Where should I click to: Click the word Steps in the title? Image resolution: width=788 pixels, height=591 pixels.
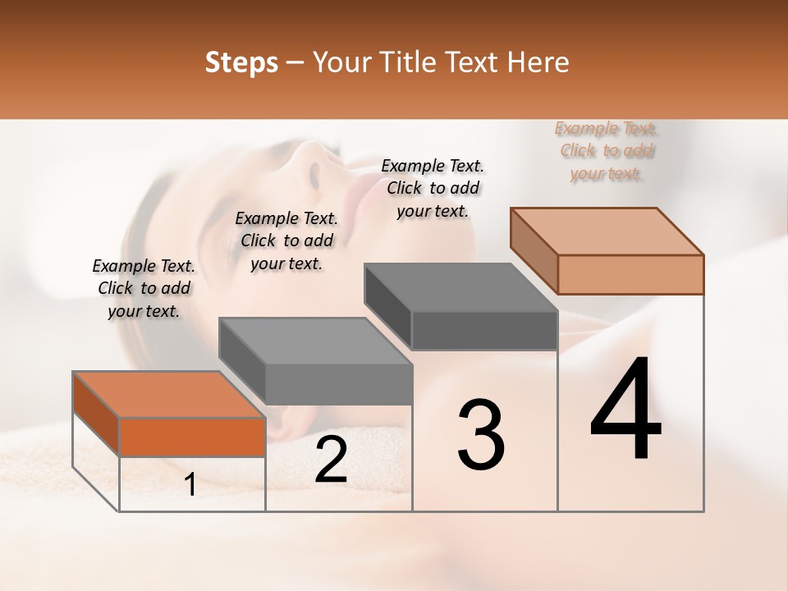241,62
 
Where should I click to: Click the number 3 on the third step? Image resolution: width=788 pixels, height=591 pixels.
481,435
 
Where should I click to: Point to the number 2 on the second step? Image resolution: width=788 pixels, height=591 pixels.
331,460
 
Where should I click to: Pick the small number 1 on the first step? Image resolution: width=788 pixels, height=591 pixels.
190,485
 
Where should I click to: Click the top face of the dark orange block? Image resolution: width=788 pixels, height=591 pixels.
168,395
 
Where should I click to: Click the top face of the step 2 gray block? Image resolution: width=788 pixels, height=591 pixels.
315,341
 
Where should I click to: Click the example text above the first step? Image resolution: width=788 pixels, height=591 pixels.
144,288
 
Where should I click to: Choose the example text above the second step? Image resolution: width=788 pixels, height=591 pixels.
286,241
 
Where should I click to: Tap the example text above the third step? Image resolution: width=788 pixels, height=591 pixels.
433,188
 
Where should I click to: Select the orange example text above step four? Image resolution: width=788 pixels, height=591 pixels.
606,151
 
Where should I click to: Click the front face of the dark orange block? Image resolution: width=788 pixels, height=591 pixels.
192,437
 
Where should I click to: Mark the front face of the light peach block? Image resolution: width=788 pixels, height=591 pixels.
630,274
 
